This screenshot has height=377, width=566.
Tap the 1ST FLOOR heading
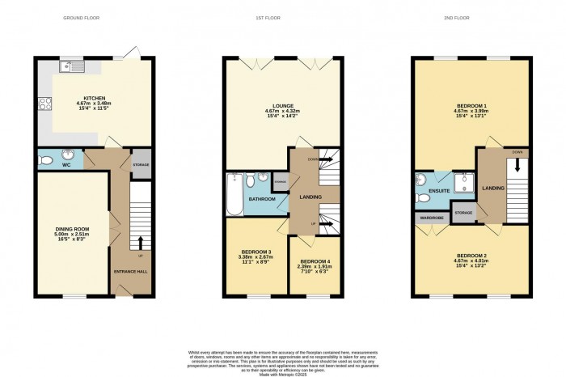tap(282, 17)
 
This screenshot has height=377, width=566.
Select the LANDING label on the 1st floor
tap(310, 197)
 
